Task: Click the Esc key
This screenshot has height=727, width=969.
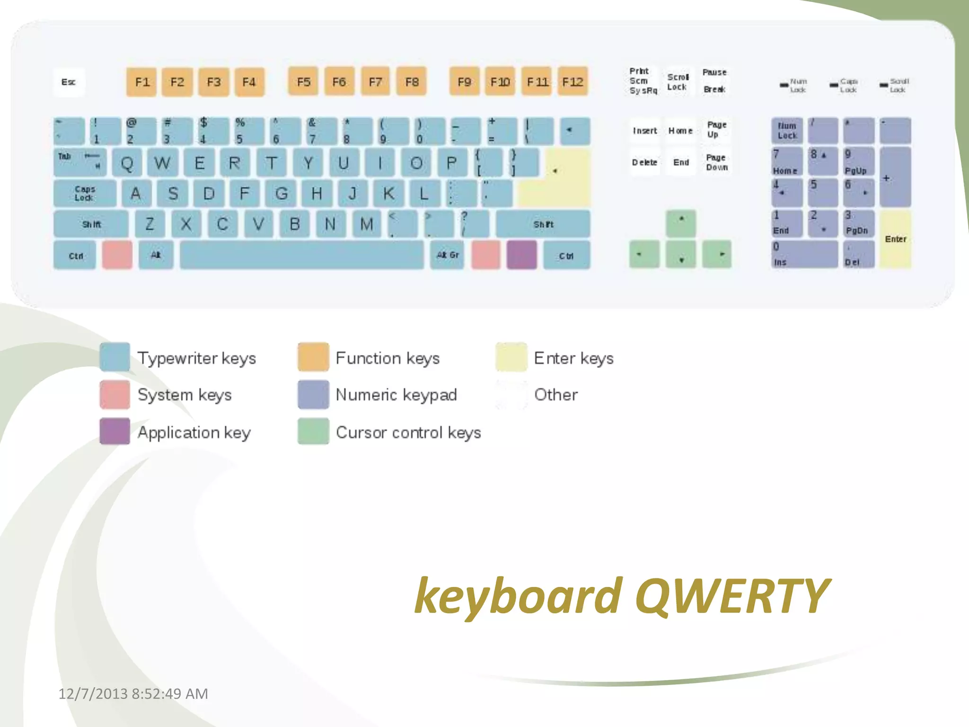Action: (x=69, y=82)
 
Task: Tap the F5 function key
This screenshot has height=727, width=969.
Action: (x=303, y=82)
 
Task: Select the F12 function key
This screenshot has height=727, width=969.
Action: (x=573, y=82)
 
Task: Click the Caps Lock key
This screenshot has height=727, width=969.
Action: (x=85, y=193)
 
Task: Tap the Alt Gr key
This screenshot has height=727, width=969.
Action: (x=447, y=255)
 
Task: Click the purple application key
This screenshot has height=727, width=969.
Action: (x=522, y=255)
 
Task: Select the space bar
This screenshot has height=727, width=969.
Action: (x=302, y=255)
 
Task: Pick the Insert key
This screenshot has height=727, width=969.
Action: (x=645, y=131)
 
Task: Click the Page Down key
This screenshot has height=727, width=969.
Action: (x=717, y=162)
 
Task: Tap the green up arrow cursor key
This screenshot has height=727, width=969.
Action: (x=681, y=223)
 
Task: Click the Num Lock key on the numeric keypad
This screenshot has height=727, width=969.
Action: (x=787, y=131)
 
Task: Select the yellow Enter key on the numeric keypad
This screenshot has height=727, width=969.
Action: (x=895, y=239)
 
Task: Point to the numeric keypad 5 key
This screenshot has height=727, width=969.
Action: (x=823, y=192)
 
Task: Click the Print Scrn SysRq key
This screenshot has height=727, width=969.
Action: (x=643, y=81)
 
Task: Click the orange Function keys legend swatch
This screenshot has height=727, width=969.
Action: (x=313, y=357)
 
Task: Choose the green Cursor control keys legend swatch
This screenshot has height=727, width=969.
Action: (x=313, y=431)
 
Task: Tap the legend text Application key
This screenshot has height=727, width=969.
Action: (x=194, y=432)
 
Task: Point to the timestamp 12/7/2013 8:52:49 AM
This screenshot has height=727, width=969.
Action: (x=133, y=693)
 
